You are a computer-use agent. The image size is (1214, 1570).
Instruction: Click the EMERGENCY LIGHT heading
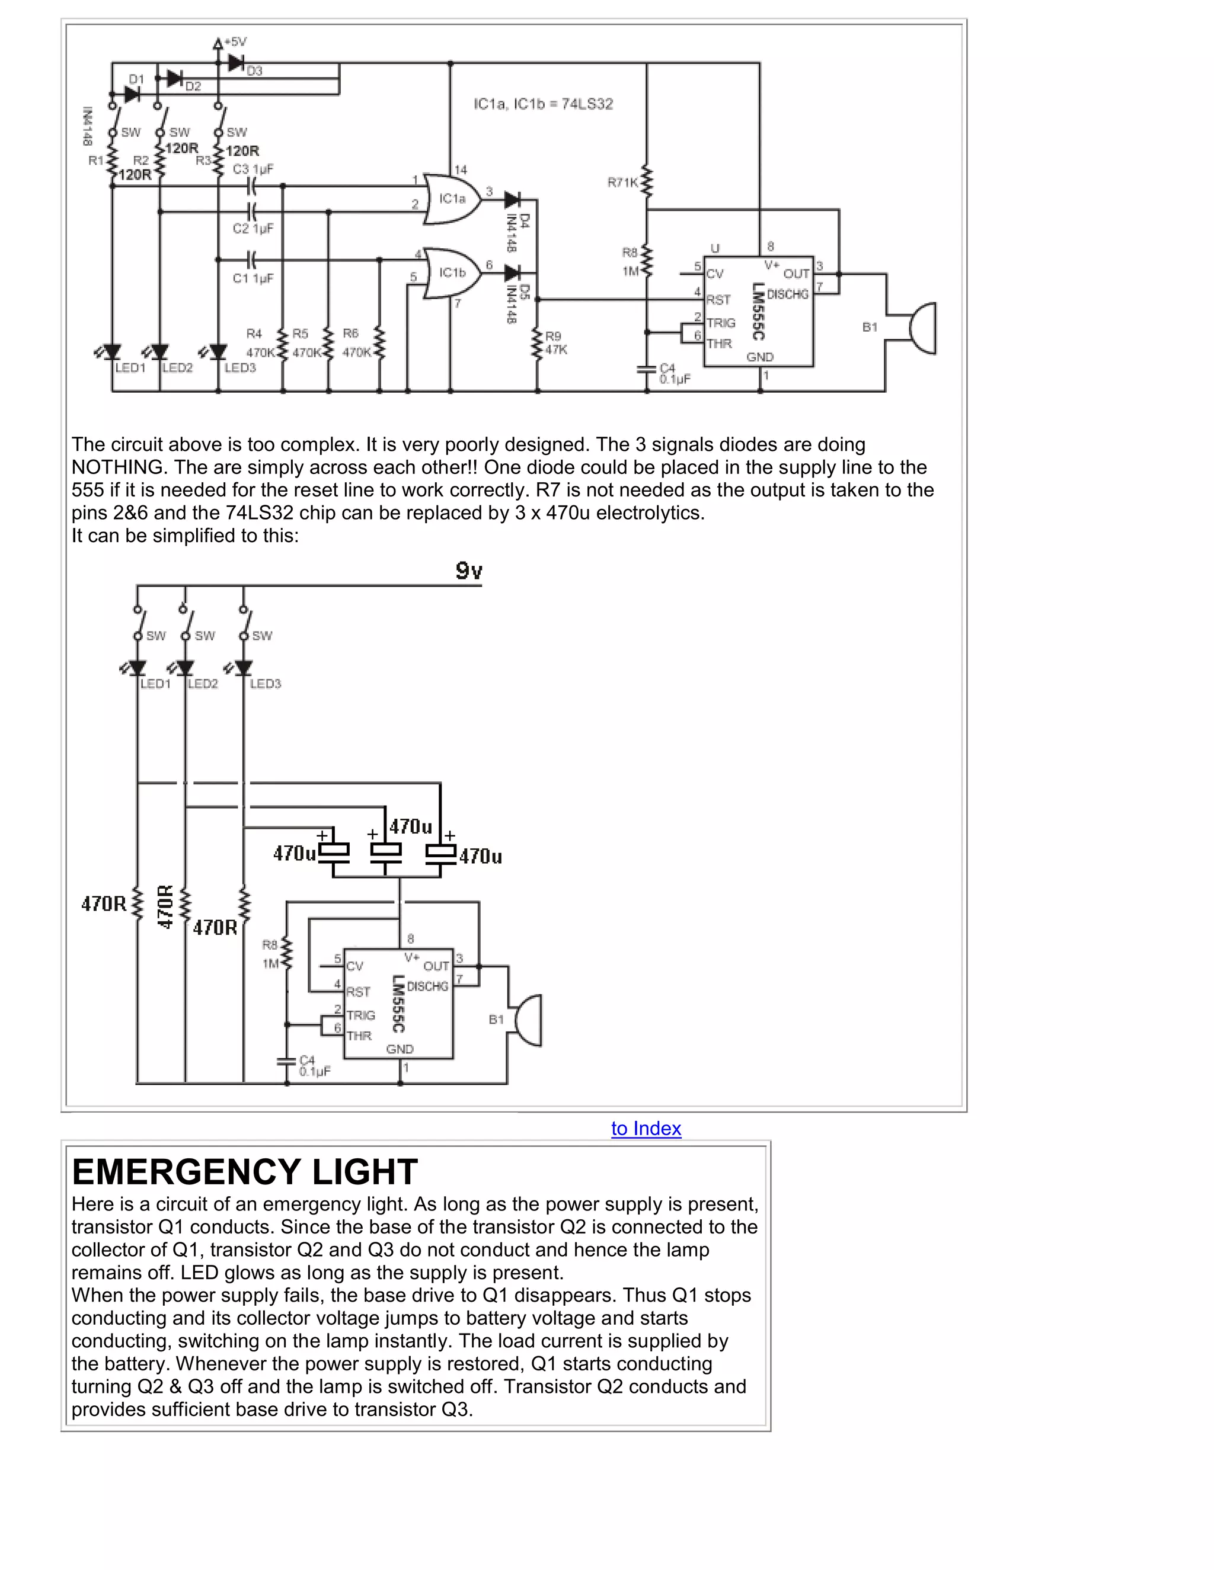point(245,1172)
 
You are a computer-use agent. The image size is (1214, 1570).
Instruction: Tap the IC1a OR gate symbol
point(452,198)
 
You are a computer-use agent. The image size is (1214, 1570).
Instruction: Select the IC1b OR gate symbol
point(452,273)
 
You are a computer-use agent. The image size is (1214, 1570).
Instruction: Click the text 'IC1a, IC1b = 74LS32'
point(543,104)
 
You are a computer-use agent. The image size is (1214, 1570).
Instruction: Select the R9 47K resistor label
point(556,343)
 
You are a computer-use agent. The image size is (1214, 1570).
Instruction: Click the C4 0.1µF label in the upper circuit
point(674,373)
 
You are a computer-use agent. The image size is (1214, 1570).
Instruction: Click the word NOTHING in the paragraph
point(119,467)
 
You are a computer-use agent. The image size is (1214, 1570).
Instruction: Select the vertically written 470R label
point(165,906)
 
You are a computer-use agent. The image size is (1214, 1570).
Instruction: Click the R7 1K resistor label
point(622,182)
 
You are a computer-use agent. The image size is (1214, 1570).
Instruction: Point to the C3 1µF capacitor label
point(253,169)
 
